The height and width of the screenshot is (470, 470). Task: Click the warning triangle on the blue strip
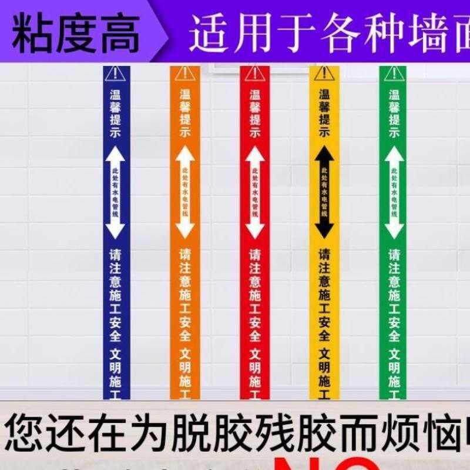116,73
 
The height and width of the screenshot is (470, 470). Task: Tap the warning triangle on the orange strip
185,73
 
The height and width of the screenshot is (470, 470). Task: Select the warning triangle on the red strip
254,73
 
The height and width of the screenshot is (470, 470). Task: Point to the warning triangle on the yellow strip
324,73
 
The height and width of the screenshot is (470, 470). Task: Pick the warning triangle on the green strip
393,73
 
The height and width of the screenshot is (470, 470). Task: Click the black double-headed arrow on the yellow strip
324,191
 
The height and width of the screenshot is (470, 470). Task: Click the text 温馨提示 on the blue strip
116,113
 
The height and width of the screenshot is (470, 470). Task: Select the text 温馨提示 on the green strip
394,113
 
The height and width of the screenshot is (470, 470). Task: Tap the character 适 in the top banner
209,32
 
